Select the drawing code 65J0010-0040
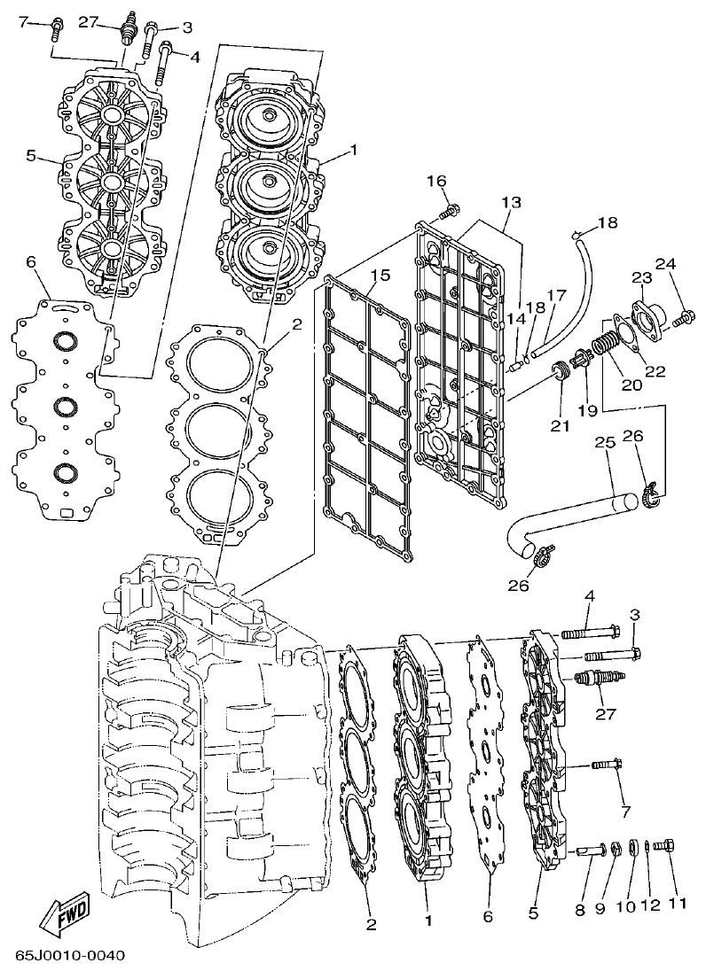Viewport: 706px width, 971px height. (x=70, y=955)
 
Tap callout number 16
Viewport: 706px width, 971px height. (x=435, y=182)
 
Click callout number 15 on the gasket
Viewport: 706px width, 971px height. (x=380, y=276)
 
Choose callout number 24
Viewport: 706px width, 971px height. (x=665, y=264)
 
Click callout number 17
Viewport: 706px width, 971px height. (x=556, y=296)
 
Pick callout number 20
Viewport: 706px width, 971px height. (x=631, y=385)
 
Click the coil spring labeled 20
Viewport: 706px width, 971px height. (x=606, y=341)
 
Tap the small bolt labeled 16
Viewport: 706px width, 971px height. (x=451, y=210)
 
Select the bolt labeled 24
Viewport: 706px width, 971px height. (x=685, y=315)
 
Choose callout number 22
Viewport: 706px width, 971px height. (x=655, y=371)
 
